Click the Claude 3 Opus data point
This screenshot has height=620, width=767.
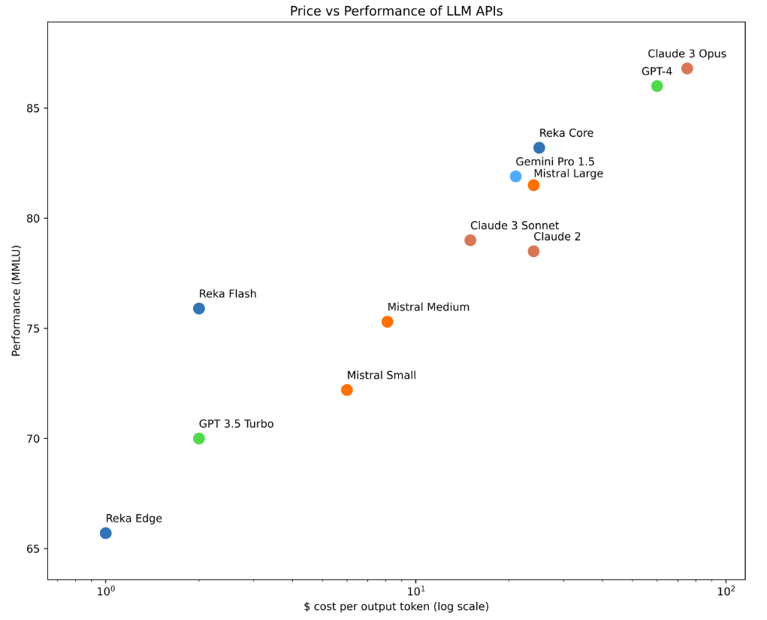tap(687, 68)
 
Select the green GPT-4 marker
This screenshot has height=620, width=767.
tap(657, 86)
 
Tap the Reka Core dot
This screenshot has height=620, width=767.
tap(539, 148)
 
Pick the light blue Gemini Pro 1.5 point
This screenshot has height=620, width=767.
tap(515, 177)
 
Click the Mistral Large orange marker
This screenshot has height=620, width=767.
tap(533, 185)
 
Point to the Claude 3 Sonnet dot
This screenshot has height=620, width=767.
tap(470, 240)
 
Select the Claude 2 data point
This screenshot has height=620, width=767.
tap(533, 251)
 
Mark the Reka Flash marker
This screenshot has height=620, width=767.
tap(199, 309)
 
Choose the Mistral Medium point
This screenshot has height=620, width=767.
tap(388, 322)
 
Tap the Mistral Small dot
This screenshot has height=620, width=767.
tap(347, 390)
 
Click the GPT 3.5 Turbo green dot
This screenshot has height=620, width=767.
tap(199, 439)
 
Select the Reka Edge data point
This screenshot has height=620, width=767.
tap(106, 534)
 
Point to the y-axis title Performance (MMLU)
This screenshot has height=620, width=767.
tap(16, 301)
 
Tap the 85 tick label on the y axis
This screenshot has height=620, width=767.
tap(31, 108)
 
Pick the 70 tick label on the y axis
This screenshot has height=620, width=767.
tap(31, 439)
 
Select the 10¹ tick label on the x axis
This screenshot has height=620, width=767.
tap(416, 591)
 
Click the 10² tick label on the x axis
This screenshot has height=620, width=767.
tap(726, 591)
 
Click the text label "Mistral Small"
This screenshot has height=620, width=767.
tap(381, 375)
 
